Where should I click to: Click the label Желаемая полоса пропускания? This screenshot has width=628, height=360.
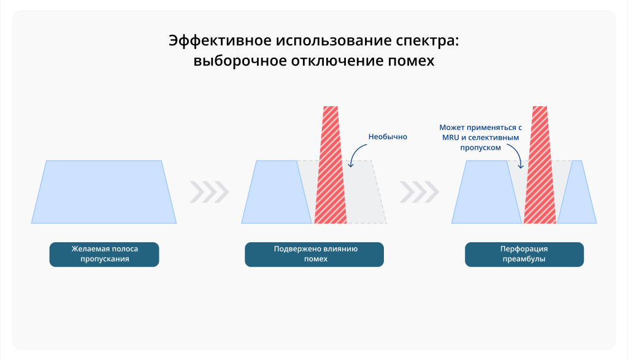point(104,255)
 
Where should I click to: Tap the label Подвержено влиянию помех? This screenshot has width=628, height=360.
point(315,255)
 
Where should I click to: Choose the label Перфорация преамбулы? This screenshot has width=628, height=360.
point(524,255)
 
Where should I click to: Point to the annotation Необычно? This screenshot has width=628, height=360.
point(388,137)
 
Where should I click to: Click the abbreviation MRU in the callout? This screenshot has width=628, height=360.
point(451,138)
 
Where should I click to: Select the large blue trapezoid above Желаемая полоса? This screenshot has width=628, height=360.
point(104,192)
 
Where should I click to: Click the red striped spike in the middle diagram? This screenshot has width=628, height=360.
point(331,165)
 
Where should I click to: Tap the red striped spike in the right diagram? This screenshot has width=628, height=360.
point(540,165)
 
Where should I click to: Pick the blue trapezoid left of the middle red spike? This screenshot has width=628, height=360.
point(277,192)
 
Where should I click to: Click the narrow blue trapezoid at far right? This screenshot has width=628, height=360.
point(577,192)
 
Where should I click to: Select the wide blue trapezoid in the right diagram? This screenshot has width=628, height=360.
point(486,192)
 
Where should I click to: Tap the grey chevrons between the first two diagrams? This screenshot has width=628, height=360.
point(210,192)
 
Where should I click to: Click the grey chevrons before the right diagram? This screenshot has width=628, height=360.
point(419,192)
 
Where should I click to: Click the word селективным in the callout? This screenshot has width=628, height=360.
point(494,138)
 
